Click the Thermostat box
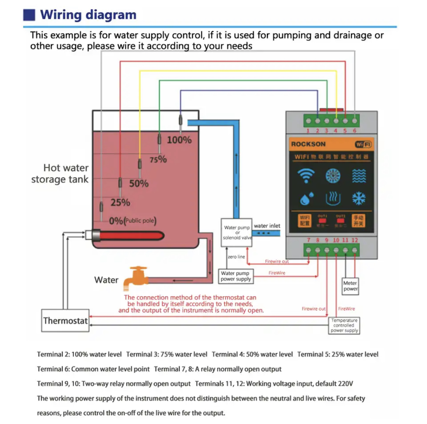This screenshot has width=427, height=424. (65, 321)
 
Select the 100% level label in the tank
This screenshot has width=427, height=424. (179, 140)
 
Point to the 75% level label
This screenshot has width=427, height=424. (158, 159)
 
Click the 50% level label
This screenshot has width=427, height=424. (139, 184)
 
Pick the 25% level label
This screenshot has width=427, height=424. (120, 203)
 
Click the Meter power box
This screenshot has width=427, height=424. (350, 286)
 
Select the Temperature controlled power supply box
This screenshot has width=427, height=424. (344, 325)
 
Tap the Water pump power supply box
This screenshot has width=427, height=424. (236, 276)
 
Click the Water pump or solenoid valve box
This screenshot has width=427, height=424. (237, 233)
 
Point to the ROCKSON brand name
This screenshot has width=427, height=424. (308, 144)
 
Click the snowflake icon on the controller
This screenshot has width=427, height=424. (359, 198)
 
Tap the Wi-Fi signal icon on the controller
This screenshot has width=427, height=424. (306, 176)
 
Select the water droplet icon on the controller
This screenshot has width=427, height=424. (306, 199)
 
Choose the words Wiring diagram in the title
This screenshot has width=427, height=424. (88, 15)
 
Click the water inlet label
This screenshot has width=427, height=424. (267, 226)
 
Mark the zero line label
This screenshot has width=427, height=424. (236, 257)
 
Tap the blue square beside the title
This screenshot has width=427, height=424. (29, 15)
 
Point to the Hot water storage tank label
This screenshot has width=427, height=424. (60, 174)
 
